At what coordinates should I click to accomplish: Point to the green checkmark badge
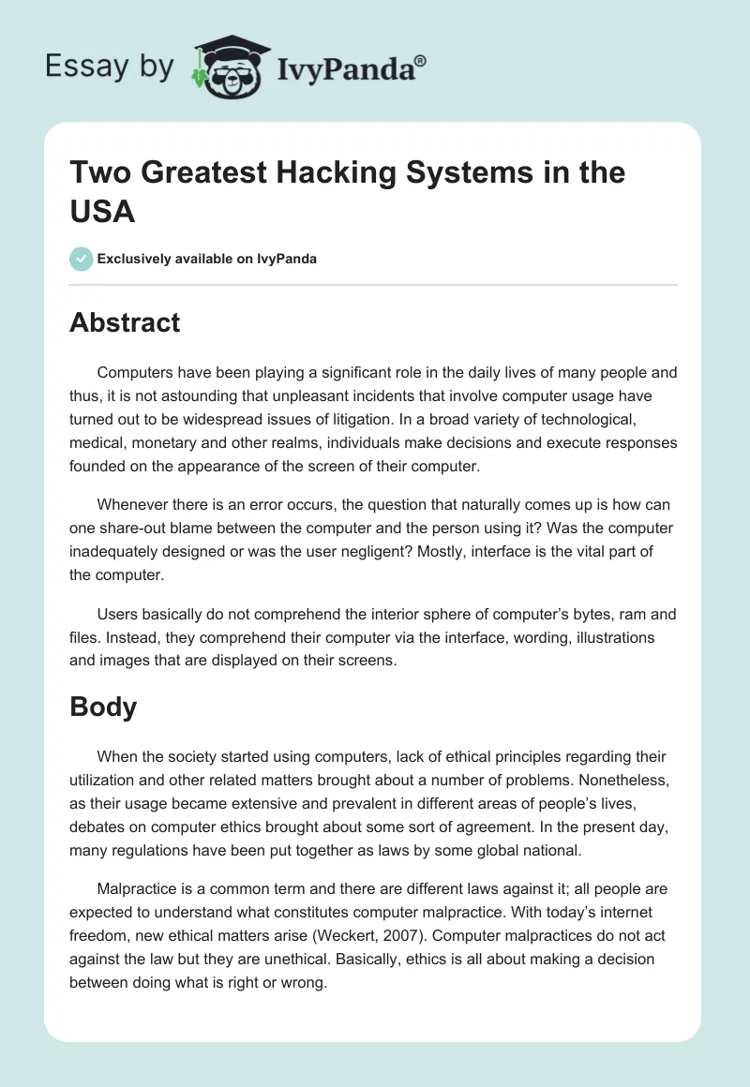click(x=82, y=259)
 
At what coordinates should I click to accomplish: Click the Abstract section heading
click(x=125, y=322)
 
